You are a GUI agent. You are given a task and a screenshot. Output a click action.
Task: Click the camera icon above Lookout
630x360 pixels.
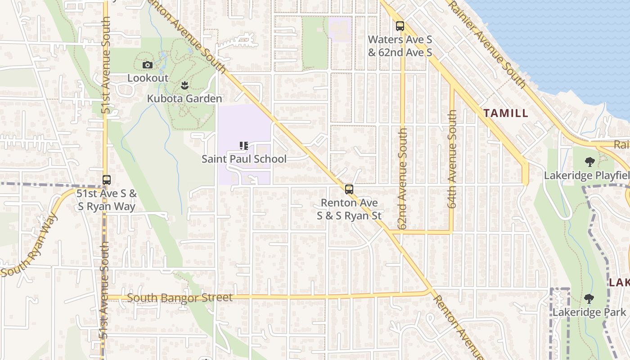pyautogui.click(x=147, y=65)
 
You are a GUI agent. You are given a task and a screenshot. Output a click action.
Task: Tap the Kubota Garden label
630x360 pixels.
pyautogui.click(x=184, y=99)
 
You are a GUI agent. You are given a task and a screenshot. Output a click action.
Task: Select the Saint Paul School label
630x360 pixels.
pyautogui.click(x=244, y=159)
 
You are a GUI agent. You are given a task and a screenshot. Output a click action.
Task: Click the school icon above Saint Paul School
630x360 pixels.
pyautogui.click(x=244, y=146)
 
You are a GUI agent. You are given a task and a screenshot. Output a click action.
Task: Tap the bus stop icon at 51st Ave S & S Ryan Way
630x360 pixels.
pyautogui.click(x=107, y=180)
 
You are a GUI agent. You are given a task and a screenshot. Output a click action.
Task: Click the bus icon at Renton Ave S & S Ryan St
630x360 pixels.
pyautogui.click(x=349, y=189)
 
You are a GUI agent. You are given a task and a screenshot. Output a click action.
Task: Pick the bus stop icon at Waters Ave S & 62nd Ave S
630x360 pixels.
pyautogui.click(x=400, y=26)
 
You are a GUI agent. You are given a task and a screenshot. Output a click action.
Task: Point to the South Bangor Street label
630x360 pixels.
pyautogui.click(x=180, y=298)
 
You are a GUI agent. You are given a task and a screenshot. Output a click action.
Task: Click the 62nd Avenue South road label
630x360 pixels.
pyautogui.click(x=403, y=178)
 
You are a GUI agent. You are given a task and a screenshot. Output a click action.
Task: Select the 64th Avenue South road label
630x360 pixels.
pyautogui.click(x=452, y=159)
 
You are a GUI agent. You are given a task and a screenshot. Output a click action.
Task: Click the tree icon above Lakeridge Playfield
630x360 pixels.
pyautogui.click(x=589, y=162)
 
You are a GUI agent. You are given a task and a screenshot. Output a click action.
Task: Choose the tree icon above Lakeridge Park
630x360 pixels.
pyautogui.click(x=589, y=299)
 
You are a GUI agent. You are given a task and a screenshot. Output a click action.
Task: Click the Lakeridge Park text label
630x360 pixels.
pyautogui.click(x=589, y=312)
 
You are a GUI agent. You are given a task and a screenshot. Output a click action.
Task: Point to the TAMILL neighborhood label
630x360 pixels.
pyautogui.click(x=506, y=113)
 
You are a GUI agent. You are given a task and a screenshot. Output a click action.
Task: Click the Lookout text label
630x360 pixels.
pyautogui.click(x=148, y=78)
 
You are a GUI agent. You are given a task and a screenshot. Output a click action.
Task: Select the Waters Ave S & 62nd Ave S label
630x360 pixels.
pyautogui.click(x=400, y=46)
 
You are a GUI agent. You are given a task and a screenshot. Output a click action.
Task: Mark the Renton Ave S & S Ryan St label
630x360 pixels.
pyautogui.click(x=349, y=209)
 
